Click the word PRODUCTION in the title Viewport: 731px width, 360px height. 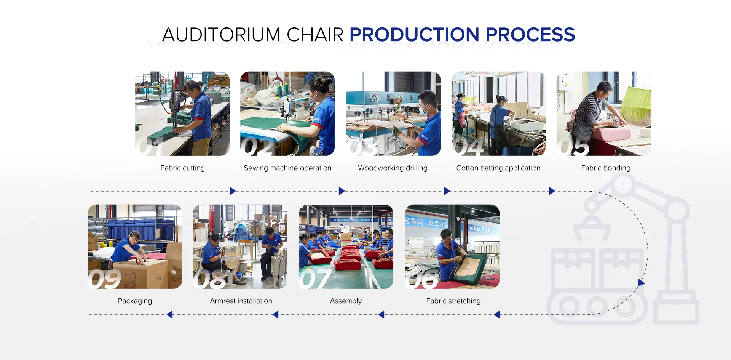tap(414, 35)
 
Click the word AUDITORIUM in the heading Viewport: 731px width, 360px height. tap(221, 35)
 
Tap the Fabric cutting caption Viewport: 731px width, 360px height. tap(182, 168)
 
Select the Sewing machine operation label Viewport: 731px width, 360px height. tap(287, 168)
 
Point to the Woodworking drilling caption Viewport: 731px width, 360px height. tap(393, 168)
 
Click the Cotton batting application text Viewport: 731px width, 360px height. tap(498, 168)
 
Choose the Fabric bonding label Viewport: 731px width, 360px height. tap(605, 168)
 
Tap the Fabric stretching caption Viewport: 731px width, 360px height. tap(453, 301)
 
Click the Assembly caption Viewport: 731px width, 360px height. tap(346, 301)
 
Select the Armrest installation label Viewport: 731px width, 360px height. tap(241, 301)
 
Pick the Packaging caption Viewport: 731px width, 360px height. tap(135, 301)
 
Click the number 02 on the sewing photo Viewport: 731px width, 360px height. tap(257, 147)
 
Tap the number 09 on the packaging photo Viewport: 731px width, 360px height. tap(104, 279)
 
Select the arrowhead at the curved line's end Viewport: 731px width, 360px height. tap(642, 283)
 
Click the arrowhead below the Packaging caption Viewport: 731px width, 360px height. tap(170, 315)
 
